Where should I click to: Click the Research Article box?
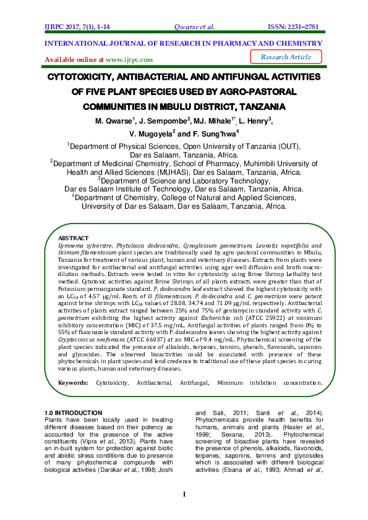click(286, 57)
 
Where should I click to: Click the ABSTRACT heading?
click(73, 238)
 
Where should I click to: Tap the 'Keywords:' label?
click(73, 383)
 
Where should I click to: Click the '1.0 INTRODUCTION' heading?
click(74, 413)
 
